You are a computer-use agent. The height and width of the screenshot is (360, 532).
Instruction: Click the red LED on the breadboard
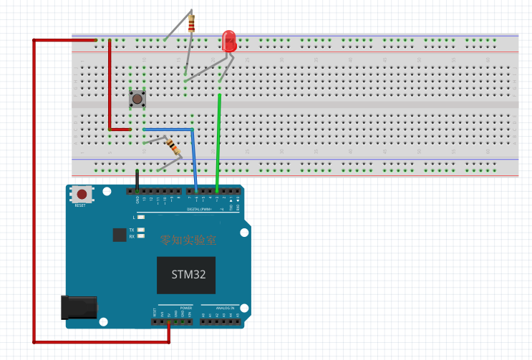229,40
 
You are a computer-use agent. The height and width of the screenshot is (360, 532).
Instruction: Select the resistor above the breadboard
190,24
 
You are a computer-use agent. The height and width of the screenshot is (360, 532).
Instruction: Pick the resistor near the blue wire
173,147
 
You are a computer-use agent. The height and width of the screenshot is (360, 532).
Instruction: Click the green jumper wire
218,143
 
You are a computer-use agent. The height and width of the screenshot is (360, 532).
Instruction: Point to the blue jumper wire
193,154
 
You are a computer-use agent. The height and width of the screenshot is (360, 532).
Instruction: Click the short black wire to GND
137,180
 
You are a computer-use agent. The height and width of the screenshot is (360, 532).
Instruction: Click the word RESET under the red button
80,205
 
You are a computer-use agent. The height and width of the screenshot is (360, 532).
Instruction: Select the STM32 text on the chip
187,275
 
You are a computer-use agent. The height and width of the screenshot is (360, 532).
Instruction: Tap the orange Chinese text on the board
188,240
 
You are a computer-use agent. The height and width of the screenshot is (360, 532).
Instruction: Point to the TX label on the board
132,230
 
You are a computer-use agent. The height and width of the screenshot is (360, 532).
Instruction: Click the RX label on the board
132,235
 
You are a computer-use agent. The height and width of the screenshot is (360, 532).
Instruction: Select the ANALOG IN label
223,308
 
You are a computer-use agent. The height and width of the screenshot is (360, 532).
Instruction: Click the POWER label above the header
176,308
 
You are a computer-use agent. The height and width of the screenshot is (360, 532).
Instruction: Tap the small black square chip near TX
119,235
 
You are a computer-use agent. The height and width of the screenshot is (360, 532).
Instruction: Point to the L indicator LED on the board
141,216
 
